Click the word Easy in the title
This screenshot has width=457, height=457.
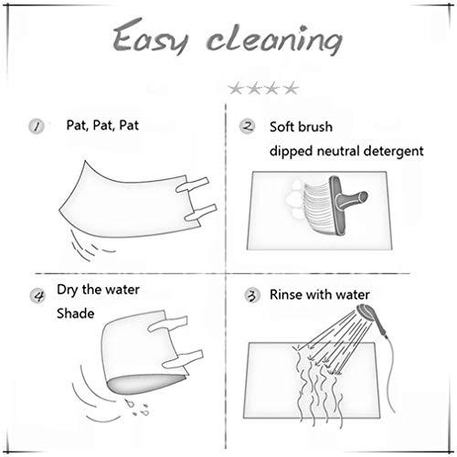coord(150,37)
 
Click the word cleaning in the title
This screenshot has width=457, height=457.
coord(274,39)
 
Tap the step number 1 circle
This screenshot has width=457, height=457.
coord(37,126)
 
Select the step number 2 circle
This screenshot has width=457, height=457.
coord(248,126)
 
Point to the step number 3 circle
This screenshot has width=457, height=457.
coord(252,295)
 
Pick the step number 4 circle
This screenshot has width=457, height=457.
coord(37,295)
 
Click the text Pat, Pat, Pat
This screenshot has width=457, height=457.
coord(102,125)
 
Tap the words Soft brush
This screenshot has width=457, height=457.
coord(301,127)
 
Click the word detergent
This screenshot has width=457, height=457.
coord(394,151)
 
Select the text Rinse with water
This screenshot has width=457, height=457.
coord(320,294)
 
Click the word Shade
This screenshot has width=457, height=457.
coord(76,314)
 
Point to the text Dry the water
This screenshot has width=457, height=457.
coord(98,290)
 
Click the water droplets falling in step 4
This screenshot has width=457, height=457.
coord(137,408)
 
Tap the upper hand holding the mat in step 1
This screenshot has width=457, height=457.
coord(193,185)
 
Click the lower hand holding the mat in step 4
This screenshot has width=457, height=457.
coord(183,359)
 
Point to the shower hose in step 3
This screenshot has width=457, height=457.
coord(388,375)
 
